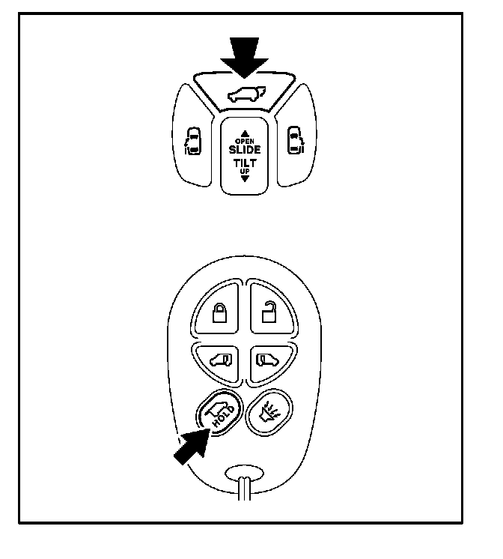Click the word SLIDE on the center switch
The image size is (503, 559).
245,149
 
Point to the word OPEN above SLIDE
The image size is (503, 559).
245,141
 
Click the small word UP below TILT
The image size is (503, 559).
245,172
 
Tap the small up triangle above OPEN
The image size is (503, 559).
245,133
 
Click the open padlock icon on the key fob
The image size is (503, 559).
268,310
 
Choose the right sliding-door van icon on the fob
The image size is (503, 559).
266,360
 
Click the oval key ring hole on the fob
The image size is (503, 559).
243,474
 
